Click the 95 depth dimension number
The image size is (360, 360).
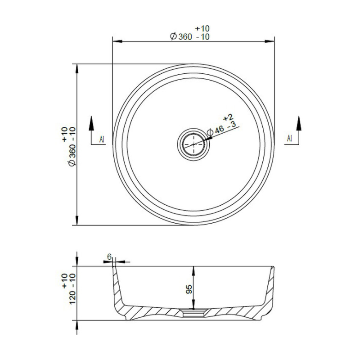(x=189, y=289)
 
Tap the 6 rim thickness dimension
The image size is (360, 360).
(x=109, y=256)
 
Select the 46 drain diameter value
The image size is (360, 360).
(x=220, y=129)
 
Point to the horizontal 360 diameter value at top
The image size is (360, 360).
(x=185, y=37)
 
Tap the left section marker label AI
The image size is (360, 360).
(x=102, y=139)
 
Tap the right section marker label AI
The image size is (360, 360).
(x=289, y=138)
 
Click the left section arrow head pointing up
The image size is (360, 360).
(x=91, y=123)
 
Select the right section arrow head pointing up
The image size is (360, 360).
(x=299, y=123)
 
